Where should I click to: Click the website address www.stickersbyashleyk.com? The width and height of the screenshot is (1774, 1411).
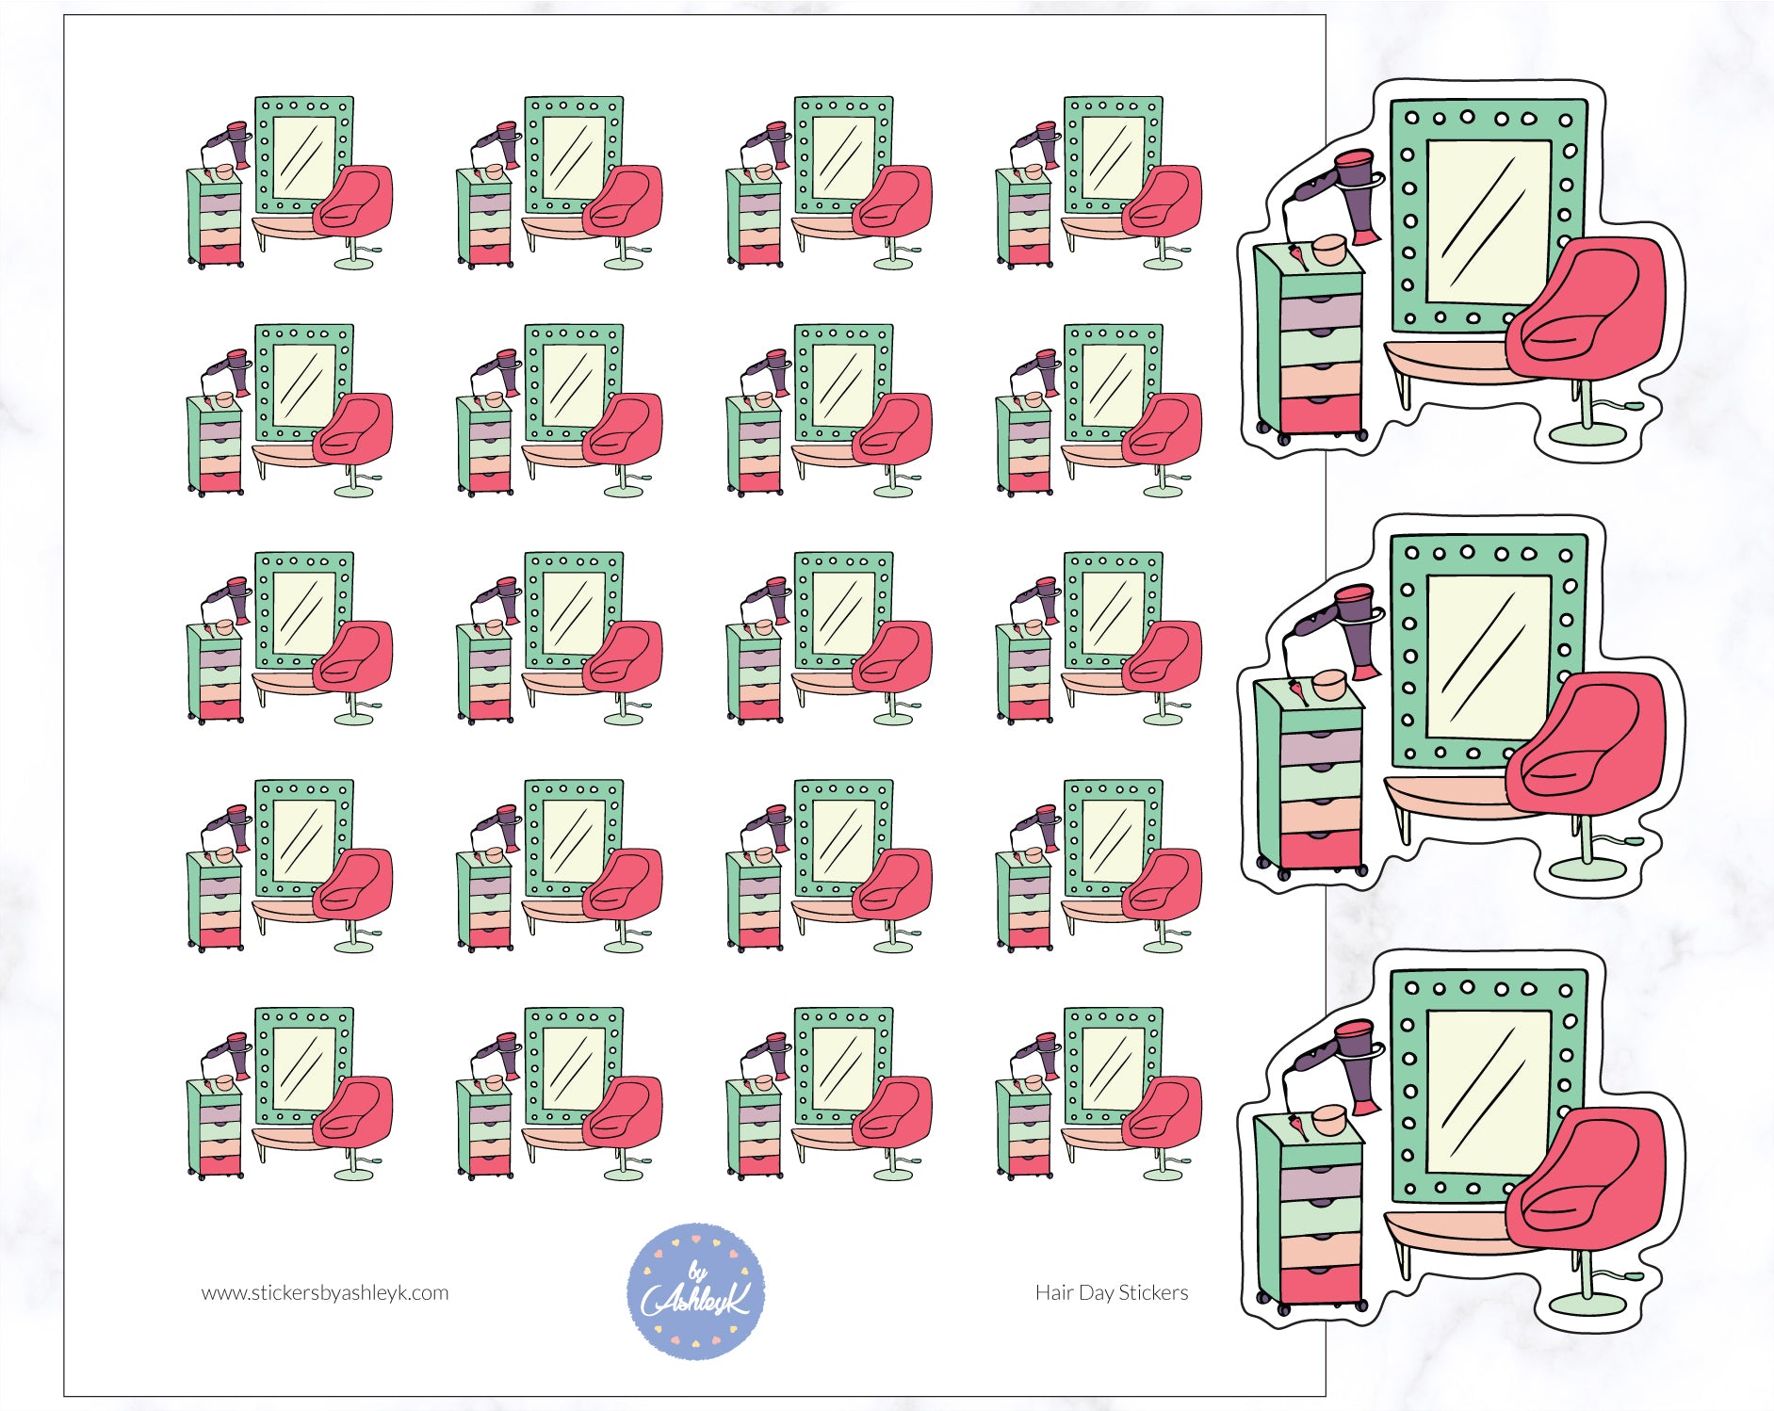[x=325, y=1293]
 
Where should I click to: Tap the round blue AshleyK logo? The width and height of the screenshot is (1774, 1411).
[x=696, y=1290]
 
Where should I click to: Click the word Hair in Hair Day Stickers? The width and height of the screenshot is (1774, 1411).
[x=1054, y=1293]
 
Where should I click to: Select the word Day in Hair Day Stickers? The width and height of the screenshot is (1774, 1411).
[x=1096, y=1293]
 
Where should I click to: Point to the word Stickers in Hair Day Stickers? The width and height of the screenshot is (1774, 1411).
[x=1153, y=1293]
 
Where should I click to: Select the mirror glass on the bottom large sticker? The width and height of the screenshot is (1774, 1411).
[x=1489, y=1093]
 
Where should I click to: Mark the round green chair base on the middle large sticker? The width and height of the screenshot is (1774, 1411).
[x=1588, y=868]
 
